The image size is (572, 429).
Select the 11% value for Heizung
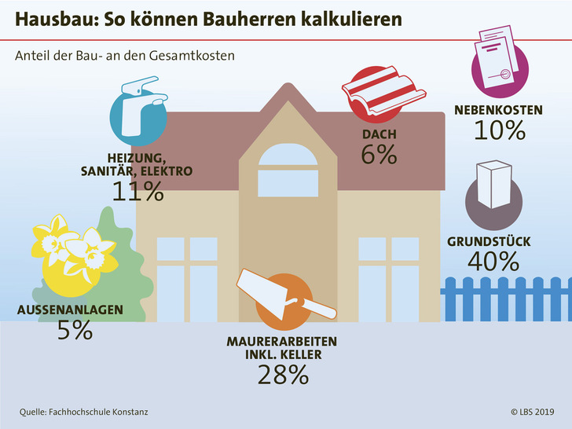point(137,191)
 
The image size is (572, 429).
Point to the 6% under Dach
point(379,154)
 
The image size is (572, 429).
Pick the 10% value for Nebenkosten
point(499,130)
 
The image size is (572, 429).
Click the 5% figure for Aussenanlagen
point(75,330)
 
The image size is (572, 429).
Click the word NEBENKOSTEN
point(498,110)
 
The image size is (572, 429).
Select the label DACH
point(379,134)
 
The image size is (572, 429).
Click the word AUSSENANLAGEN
point(70,310)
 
